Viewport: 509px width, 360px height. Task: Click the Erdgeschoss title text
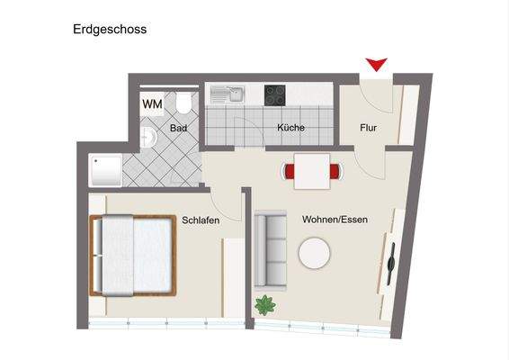coord(110,29)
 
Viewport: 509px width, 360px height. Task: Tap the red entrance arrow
coord(377,64)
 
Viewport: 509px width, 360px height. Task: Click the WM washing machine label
coord(152,104)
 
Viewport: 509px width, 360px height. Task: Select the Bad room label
coord(179,129)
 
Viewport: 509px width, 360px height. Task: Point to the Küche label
coord(290,128)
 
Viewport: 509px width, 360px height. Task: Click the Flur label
coord(368,128)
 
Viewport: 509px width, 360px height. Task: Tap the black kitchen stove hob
coord(275,93)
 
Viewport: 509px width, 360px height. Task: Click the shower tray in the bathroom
coord(105,169)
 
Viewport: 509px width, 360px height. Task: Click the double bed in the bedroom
coord(132,256)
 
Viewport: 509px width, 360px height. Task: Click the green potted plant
coord(264,304)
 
